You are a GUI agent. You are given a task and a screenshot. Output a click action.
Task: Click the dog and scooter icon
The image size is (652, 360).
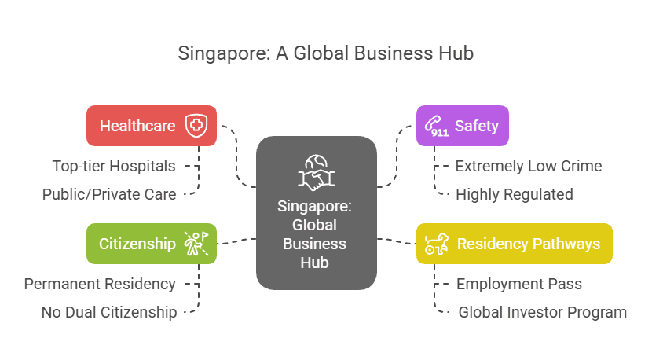point(436,244)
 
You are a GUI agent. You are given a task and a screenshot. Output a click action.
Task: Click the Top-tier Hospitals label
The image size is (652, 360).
point(114,166)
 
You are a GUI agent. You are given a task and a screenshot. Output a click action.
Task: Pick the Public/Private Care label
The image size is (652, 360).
point(109,193)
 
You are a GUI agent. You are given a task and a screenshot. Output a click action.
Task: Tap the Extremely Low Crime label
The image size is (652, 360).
point(529,166)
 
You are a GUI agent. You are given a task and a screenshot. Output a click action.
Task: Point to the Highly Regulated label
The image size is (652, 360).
point(515,193)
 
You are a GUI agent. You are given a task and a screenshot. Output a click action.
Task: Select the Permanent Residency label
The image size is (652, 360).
point(100,283)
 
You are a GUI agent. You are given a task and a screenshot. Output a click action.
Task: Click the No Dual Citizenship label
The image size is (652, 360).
point(109,312)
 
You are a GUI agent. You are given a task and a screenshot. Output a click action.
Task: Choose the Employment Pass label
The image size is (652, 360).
point(519,283)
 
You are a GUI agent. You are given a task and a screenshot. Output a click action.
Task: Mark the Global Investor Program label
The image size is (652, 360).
point(543,312)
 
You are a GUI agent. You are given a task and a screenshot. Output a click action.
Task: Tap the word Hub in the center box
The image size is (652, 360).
point(317,263)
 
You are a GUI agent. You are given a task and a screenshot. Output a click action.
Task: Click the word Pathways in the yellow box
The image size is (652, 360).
point(565,244)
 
